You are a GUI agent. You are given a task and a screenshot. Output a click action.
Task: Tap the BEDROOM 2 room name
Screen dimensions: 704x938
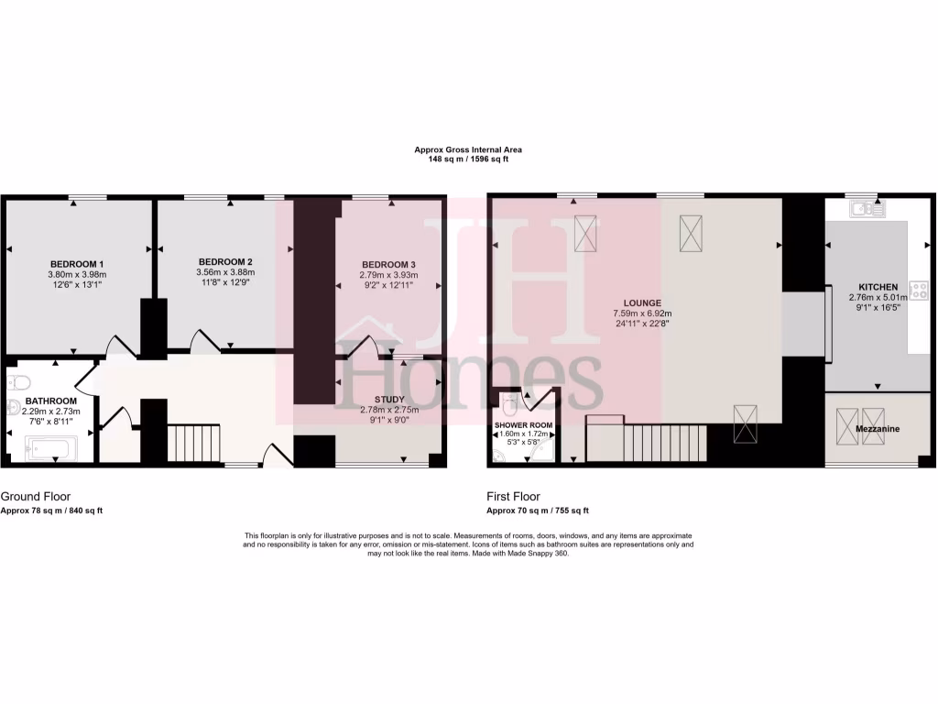(x=224, y=261)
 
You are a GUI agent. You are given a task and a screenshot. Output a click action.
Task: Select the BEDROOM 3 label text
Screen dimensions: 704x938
(x=389, y=264)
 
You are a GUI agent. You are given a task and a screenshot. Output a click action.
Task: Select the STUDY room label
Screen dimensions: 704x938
(x=389, y=400)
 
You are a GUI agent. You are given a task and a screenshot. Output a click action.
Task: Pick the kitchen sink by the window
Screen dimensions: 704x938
(x=865, y=209)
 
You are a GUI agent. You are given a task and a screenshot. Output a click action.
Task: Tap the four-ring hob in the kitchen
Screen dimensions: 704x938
(x=919, y=291)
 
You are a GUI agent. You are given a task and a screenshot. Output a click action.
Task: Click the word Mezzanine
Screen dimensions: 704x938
(x=878, y=429)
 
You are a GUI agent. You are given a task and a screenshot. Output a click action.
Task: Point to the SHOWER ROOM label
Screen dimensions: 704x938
(x=523, y=425)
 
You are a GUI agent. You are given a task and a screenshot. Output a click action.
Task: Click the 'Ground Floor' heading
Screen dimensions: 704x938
(x=36, y=496)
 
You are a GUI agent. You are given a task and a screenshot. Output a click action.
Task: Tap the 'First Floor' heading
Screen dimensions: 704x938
(x=514, y=496)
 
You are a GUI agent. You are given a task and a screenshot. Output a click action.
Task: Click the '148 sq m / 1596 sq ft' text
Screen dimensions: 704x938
(x=468, y=159)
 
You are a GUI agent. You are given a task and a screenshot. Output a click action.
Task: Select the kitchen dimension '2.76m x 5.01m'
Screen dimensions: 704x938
(x=877, y=298)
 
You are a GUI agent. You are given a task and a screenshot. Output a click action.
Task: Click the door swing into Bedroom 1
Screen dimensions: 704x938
(x=120, y=345)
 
